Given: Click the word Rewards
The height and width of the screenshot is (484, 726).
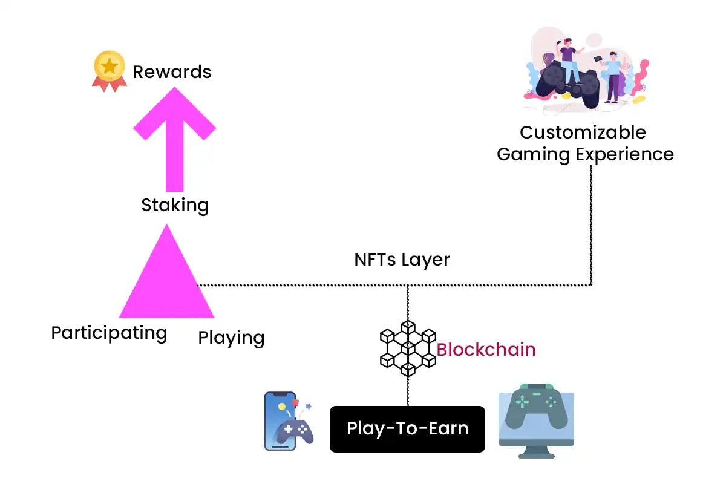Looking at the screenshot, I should click(172, 72).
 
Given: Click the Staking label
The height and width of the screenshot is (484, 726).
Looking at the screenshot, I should click(175, 205).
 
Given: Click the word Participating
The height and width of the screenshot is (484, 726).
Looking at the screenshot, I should click(109, 333).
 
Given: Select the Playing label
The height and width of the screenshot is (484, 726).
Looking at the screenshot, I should click(231, 338).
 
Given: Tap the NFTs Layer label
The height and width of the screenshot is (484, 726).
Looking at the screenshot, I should click(402, 260).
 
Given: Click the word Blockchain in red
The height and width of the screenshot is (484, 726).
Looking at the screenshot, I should click(486, 350).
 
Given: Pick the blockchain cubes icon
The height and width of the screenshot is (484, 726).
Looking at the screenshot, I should click(408, 348).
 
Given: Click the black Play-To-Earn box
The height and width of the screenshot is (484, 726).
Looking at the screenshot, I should click(407, 429).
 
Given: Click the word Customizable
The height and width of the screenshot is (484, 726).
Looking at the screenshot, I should click(583, 132).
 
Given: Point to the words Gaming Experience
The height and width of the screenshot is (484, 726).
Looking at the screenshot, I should click(585, 154).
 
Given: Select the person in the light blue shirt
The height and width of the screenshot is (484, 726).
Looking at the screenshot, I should click(612, 76).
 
